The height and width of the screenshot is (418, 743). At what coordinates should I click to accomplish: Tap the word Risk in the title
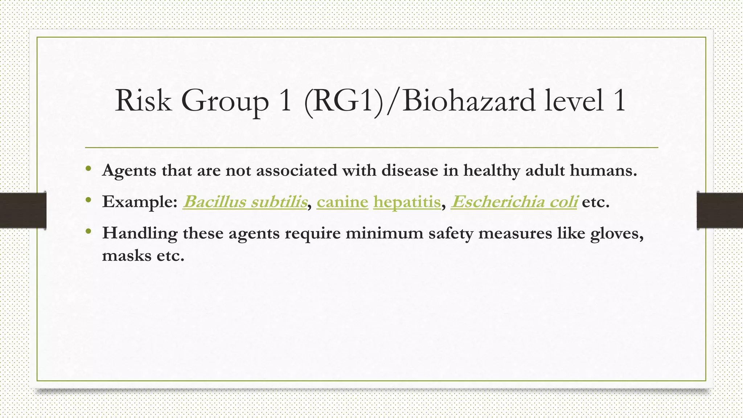[x=143, y=101]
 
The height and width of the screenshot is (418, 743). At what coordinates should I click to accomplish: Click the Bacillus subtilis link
[x=245, y=202]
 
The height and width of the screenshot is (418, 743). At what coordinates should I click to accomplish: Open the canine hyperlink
[x=342, y=202]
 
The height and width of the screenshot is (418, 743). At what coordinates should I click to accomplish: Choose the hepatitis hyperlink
[x=407, y=202]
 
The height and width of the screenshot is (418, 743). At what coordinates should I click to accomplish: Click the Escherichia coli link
[x=514, y=202]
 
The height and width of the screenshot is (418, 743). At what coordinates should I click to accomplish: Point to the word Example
[x=140, y=202]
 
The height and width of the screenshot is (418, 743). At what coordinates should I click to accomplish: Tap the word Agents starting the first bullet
[x=129, y=171]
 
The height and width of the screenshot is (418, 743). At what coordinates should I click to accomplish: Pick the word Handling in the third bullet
[x=140, y=233]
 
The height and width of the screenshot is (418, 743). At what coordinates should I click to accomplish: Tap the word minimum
[x=384, y=233]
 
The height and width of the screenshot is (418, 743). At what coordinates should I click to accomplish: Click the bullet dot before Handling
[x=88, y=231]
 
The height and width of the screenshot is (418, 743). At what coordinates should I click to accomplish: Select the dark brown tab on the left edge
[x=23, y=210]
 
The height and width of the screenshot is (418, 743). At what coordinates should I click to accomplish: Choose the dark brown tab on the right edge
[x=720, y=210]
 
